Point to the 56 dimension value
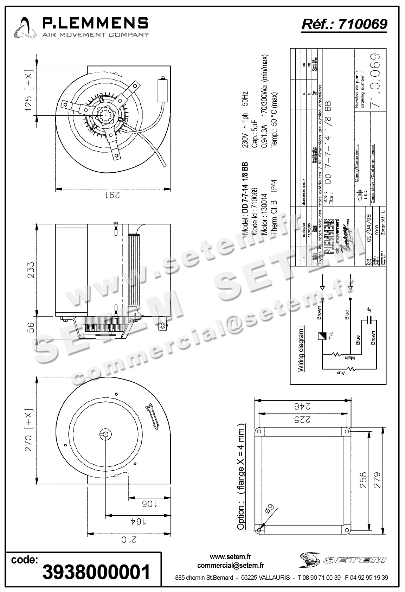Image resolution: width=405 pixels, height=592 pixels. (31, 328)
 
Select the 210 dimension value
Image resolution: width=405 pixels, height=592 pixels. (129, 539)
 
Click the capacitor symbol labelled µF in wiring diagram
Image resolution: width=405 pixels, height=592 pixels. (369, 319)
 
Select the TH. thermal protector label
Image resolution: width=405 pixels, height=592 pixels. (331, 336)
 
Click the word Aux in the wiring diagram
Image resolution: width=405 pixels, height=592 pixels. (340, 372)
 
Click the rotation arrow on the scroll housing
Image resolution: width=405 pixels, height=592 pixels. (152, 416)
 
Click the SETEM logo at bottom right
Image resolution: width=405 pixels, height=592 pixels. (343, 560)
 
